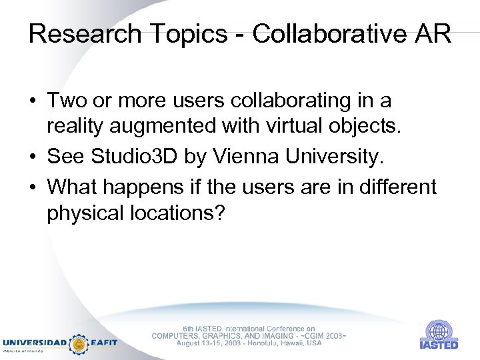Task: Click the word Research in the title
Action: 85,33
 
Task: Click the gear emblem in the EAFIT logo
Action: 79,343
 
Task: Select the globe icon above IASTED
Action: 438,331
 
